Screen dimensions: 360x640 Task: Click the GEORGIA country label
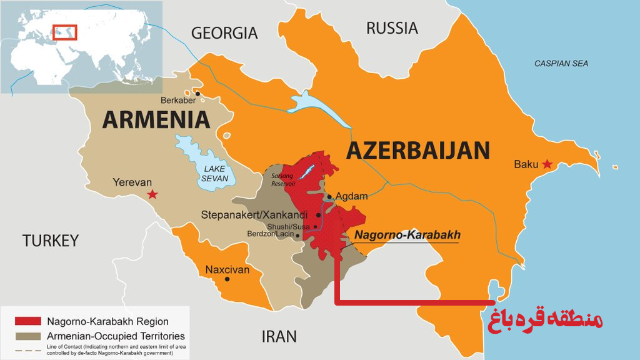click(x=224, y=33)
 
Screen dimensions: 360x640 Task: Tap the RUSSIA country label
click(x=392, y=28)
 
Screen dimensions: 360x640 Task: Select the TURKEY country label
click(x=51, y=240)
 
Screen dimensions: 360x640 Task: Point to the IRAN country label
click(x=278, y=336)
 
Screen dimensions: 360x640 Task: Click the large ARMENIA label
click(x=156, y=119)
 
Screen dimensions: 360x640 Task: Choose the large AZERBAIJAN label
click(x=417, y=151)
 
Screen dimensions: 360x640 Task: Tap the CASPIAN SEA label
click(x=561, y=64)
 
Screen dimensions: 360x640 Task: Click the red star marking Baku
click(x=547, y=164)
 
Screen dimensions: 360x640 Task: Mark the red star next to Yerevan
click(x=152, y=194)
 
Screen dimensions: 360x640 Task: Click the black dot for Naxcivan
click(x=227, y=279)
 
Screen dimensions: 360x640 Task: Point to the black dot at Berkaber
click(x=197, y=94)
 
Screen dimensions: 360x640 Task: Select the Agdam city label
click(x=351, y=196)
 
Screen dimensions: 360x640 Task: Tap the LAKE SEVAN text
click(x=214, y=173)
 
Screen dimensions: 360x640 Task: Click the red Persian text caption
click(x=545, y=319)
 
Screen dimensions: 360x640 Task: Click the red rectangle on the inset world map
click(x=64, y=31)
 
